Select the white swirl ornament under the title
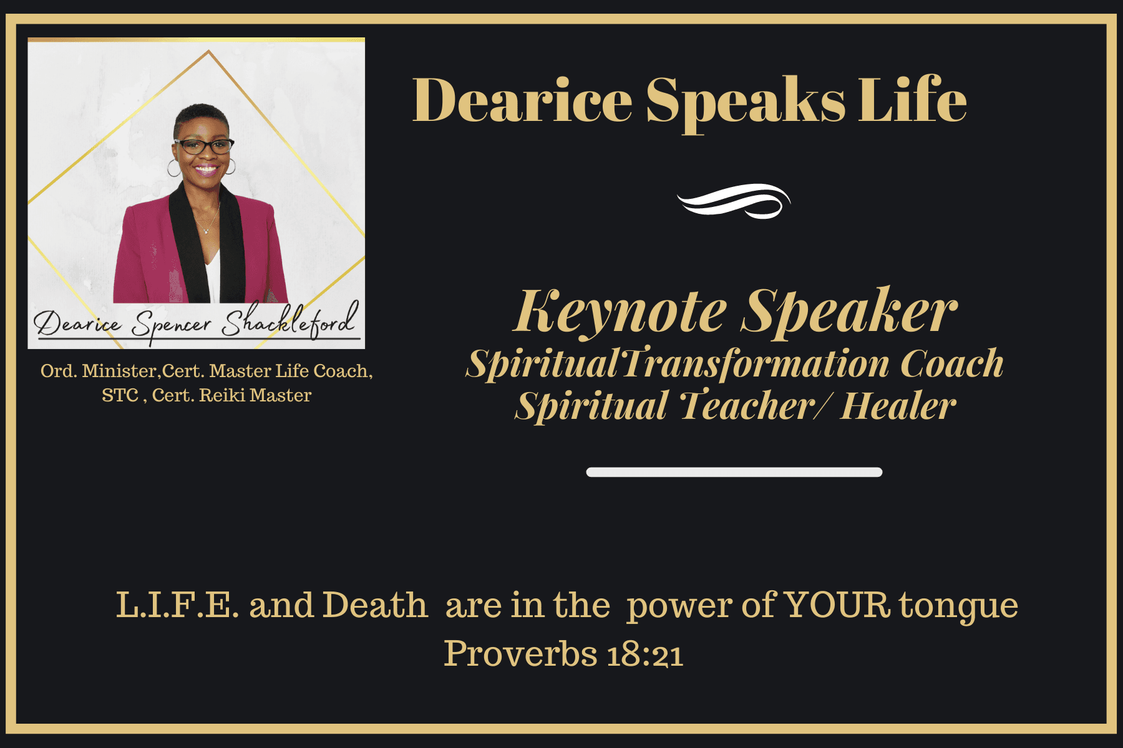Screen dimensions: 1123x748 point(734,201)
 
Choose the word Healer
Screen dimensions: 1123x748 point(898,406)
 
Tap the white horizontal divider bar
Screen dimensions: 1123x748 point(734,472)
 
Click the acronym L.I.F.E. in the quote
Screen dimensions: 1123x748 point(177,605)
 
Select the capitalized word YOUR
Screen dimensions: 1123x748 point(837,605)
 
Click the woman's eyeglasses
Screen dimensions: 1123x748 point(204,146)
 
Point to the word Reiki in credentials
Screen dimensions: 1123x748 point(222,395)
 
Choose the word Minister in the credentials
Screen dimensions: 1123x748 point(119,371)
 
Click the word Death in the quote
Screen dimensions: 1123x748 point(375,605)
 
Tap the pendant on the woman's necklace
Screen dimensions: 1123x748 point(206,231)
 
